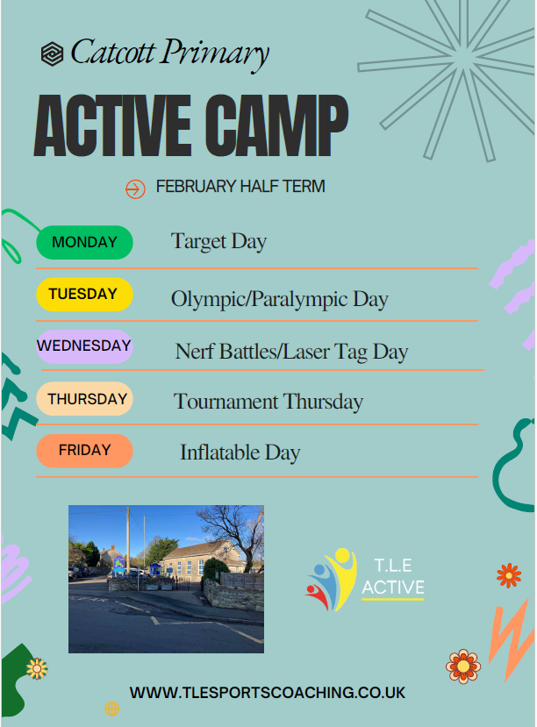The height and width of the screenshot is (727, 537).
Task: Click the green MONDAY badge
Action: click(x=84, y=242)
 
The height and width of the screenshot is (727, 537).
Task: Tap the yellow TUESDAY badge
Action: click(x=84, y=295)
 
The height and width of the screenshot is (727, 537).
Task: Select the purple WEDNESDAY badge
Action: click(x=84, y=346)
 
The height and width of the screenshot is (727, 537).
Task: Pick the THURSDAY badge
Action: click(x=84, y=399)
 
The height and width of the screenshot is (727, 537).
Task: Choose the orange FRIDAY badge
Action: click(x=84, y=451)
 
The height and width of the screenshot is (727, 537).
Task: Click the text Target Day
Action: click(x=218, y=242)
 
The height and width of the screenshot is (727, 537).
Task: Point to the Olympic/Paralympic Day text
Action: click(x=280, y=300)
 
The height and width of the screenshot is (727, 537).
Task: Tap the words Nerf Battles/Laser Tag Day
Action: click(x=291, y=352)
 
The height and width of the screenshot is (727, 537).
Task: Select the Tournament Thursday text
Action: click(x=268, y=402)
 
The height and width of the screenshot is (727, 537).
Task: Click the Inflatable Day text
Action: click(x=240, y=453)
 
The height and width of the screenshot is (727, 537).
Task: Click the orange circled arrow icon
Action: click(x=135, y=189)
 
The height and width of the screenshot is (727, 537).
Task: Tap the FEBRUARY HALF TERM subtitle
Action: click(x=240, y=187)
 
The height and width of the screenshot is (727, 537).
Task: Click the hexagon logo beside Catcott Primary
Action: click(x=52, y=53)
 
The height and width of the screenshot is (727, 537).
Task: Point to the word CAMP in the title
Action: click(x=276, y=125)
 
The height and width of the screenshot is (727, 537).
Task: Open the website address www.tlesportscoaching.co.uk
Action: click(x=267, y=693)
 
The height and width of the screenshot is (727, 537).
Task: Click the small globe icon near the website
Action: click(x=111, y=709)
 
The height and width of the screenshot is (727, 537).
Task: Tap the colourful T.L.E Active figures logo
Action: click(x=331, y=580)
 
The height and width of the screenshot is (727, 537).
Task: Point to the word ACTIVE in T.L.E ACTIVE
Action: click(x=393, y=588)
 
